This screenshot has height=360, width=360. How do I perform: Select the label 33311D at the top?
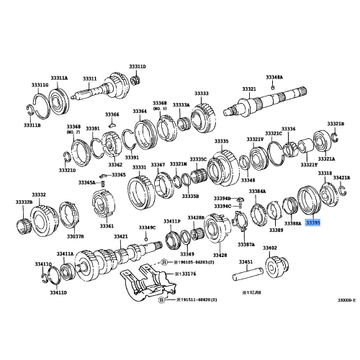coord(138,66)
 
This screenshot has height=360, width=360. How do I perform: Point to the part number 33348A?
coord(274,76)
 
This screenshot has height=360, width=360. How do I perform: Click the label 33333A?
coord(180,104)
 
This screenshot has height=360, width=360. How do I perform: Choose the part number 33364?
coord(139,111)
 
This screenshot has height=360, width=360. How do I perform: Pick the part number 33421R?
coord(341,177)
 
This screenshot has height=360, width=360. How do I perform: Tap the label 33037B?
coord(76,235)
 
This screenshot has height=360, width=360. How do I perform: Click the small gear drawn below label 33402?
coord(274,267)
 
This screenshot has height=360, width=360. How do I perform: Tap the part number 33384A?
coord(258,191)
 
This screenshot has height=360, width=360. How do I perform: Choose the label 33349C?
coord(146,228)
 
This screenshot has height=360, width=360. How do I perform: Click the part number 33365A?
coord(87,183)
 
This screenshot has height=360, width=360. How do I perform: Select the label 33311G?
coord(40,85)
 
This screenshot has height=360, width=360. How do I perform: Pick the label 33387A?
coord(246,244)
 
